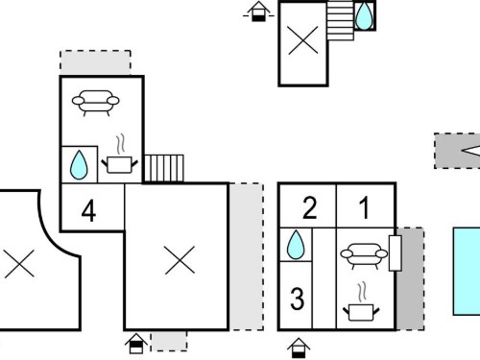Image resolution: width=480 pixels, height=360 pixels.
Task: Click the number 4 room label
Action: pyautogui.click(x=88, y=211)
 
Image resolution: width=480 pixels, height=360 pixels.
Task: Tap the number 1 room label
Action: pyautogui.click(x=364, y=208)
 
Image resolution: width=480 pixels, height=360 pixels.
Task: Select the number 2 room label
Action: pyautogui.click(x=309, y=208)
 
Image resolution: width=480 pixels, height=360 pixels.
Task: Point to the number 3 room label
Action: pyautogui.click(x=297, y=299)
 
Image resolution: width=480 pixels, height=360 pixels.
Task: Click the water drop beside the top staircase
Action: pyautogui.click(x=365, y=16)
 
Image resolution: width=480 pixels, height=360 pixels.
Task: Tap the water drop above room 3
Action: pyautogui.click(x=296, y=245)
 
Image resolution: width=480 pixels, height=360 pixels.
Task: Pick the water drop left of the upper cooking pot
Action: pyautogui.click(x=79, y=165)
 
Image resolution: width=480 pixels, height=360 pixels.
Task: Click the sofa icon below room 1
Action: pyautogui.click(x=364, y=255)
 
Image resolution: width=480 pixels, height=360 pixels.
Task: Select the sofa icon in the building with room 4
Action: pyautogui.click(x=96, y=103)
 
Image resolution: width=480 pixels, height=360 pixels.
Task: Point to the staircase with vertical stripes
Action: pyautogui.click(x=164, y=169)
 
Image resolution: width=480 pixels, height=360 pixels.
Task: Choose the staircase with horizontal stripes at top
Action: pyautogui.click(x=341, y=20)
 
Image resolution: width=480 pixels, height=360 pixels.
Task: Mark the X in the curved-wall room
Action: pyautogui.click(x=19, y=264)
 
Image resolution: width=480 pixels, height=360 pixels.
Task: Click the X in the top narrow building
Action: pyautogui.click(x=303, y=40)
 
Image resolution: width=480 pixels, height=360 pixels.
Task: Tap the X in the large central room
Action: pyautogui.click(x=180, y=260)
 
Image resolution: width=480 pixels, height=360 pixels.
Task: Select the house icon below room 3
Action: pyautogui.click(x=299, y=348)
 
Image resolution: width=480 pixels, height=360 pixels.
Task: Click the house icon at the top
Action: pyautogui.click(x=258, y=12)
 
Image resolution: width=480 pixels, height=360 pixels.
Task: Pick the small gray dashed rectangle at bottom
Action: pyautogui.click(x=169, y=341)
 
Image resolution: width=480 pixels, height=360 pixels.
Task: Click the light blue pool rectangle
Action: pyautogui.click(x=467, y=272)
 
